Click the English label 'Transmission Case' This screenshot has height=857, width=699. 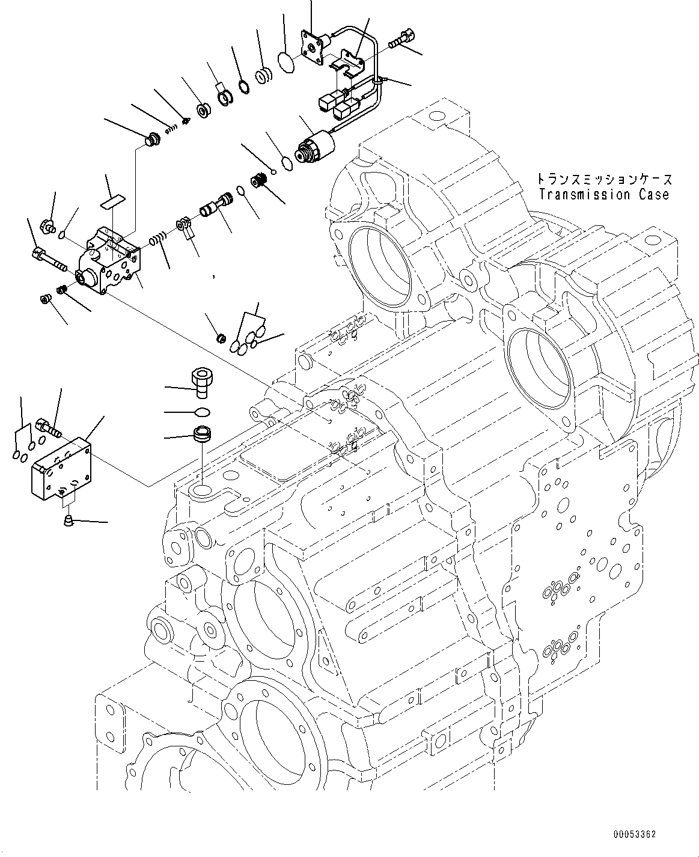(x=603, y=195)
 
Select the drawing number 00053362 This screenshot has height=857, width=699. (x=634, y=834)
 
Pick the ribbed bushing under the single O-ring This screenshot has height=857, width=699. (x=200, y=435)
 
